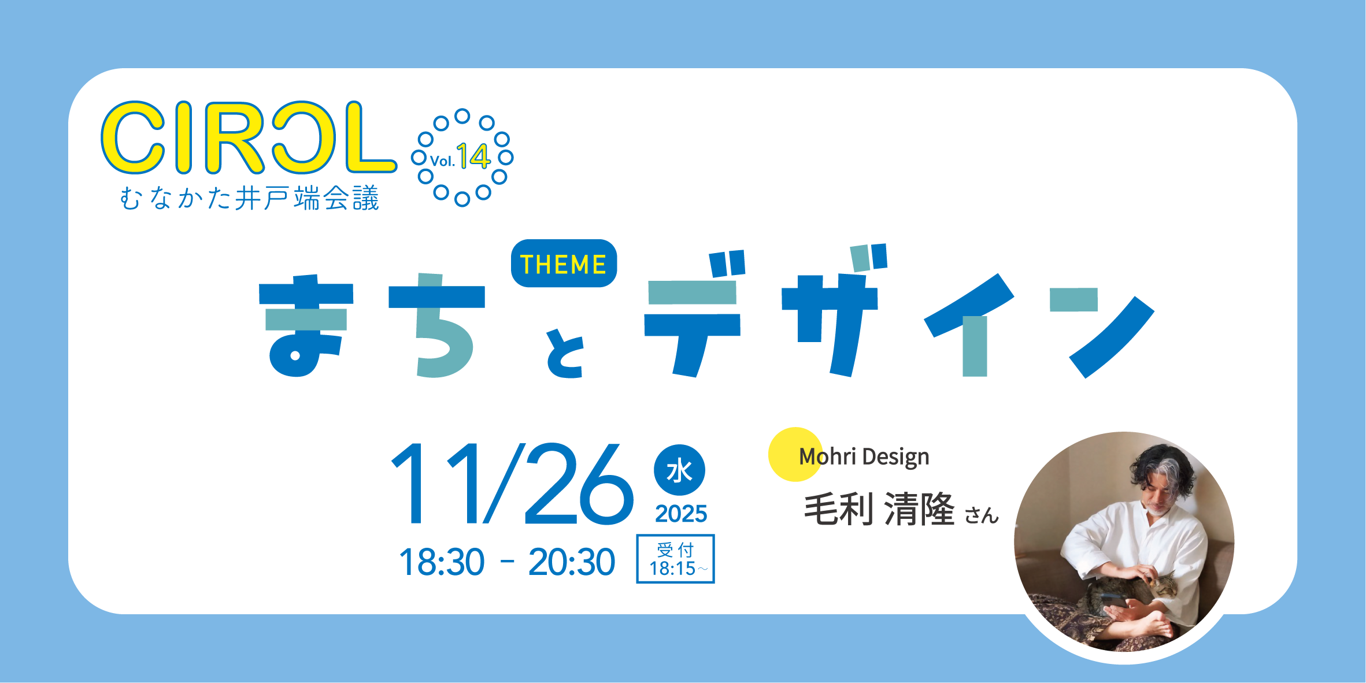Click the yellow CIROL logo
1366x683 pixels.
pos(249,138)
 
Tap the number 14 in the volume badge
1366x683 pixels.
pos(473,156)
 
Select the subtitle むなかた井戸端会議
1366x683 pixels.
pos(249,198)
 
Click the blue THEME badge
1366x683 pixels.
pos(564,263)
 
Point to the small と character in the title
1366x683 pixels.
pos(565,353)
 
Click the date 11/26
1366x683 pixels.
pos(512,484)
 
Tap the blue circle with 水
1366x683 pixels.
pos(679,470)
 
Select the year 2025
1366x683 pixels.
pos(681,514)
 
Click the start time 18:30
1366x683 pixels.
pos(442,562)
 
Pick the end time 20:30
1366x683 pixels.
pos(572,562)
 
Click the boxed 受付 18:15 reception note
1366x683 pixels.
pos(675,559)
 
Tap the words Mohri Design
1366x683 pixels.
pos(864,456)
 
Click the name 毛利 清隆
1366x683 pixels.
pos(879,509)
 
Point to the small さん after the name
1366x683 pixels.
pos(982,515)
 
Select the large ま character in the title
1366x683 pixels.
pos(306,325)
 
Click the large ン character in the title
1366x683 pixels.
pos(1102,333)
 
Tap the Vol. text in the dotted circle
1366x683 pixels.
pos(442,161)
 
